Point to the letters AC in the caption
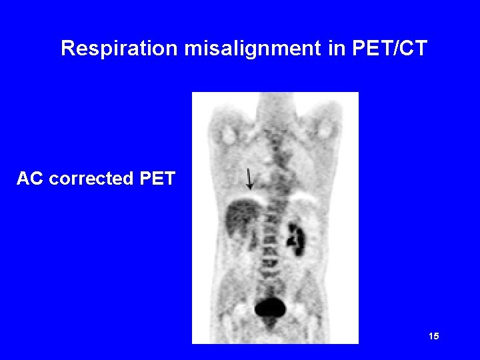[30, 179]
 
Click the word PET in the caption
[158, 179]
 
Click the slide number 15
[434, 337]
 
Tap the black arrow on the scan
[249, 179]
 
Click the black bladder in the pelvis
[270, 307]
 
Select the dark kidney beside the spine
[295, 236]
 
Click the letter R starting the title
[67, 49]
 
